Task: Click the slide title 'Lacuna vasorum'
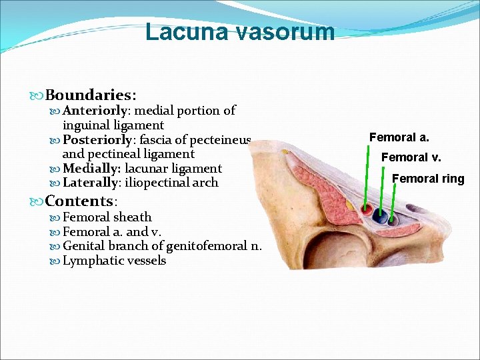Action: point(240,31)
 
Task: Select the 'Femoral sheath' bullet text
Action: point(107,217)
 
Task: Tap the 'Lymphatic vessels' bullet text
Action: point(114,261)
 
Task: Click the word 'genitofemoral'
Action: point(208,246)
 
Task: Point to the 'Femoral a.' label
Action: point(399,137)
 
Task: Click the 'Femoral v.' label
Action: point(411,157)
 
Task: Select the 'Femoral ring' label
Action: point(427,178)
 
